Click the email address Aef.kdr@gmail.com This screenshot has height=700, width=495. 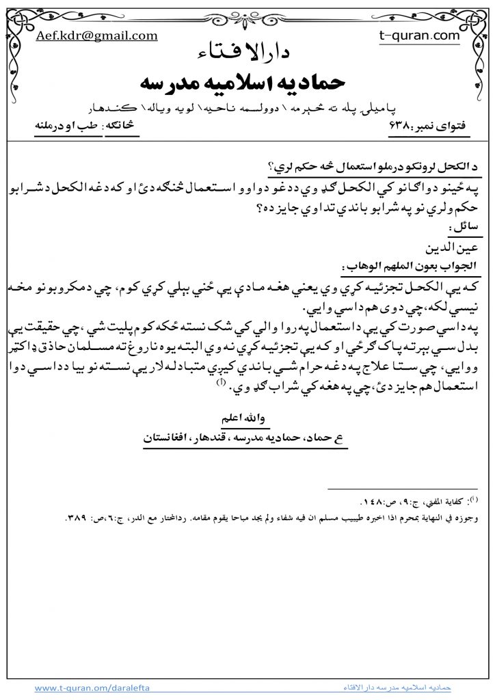point(96,36)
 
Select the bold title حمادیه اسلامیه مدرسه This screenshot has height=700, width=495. point(247,81)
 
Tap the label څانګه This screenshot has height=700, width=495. point(122,126)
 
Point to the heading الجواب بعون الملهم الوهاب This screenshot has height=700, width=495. point(407,263)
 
